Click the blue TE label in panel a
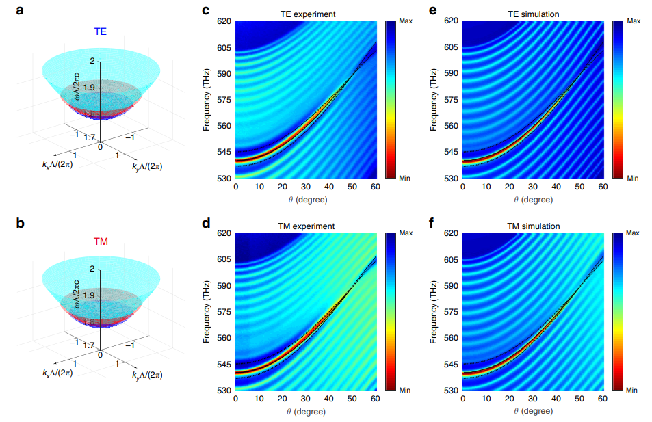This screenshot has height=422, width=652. point(101,31)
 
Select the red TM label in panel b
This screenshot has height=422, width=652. point(101,242)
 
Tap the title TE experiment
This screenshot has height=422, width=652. point(304,13)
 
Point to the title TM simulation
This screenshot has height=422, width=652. point(533,226)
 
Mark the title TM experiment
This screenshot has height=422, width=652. point(304,226)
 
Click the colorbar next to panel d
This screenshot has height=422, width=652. point(389,312)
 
